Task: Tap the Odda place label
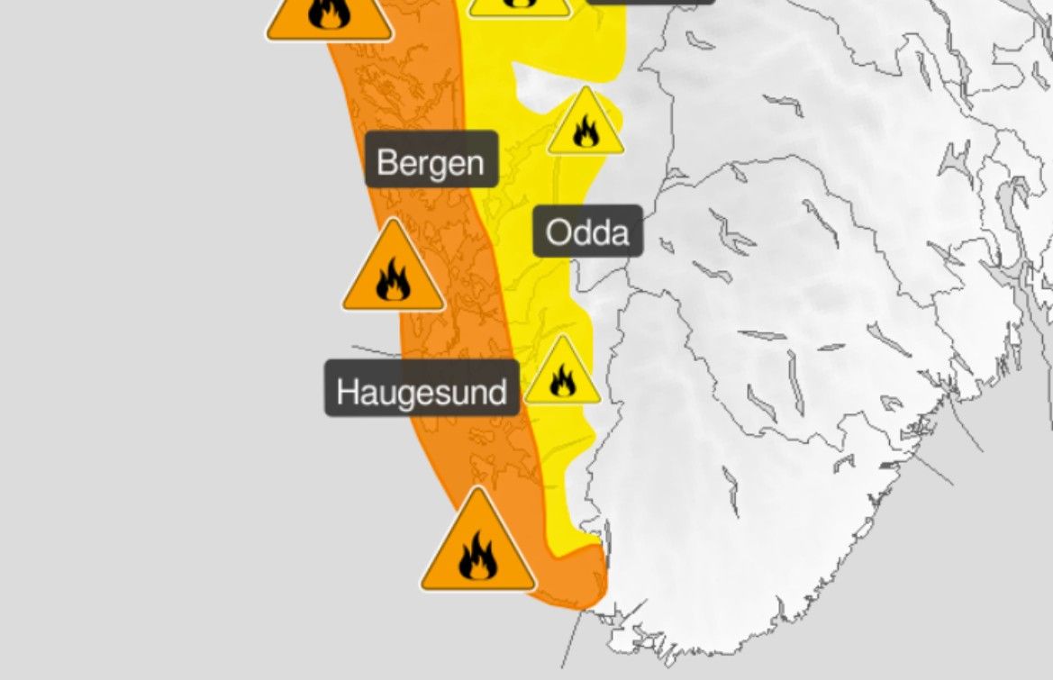588,231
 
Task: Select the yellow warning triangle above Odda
586,124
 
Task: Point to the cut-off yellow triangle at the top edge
519,6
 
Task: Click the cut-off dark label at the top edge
651,2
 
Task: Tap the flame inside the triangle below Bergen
394,281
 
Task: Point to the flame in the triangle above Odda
586,132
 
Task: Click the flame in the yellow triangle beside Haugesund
562,381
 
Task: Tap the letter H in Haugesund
346,391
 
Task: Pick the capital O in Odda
558,233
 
